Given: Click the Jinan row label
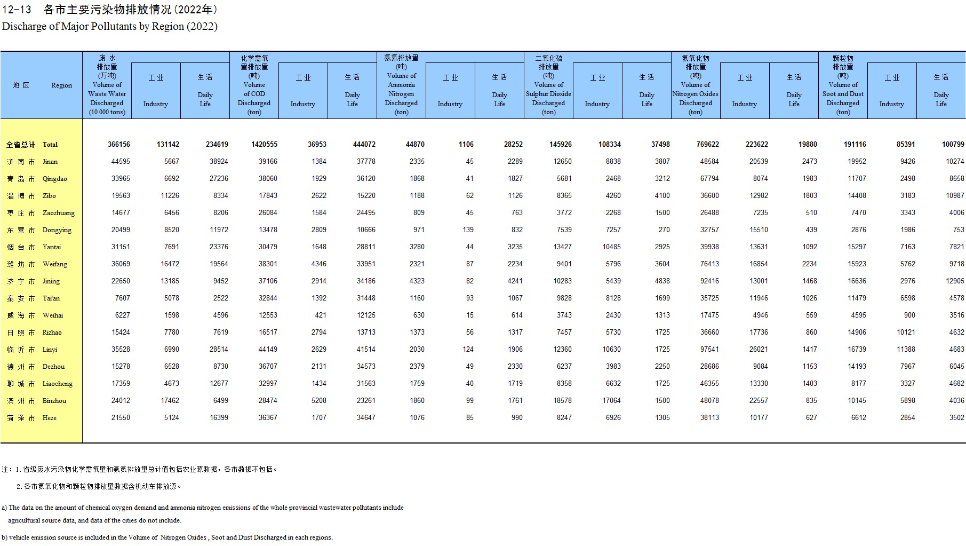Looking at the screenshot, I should point(50,162).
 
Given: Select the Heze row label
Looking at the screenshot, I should point(50,418).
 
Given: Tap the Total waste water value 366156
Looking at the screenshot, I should point(118,145).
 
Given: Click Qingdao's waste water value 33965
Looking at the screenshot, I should point(121,179).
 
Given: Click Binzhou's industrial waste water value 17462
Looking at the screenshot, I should point(168,401).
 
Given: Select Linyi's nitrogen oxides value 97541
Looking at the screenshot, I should point(709,350).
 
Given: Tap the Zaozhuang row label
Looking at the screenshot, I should point(59,213).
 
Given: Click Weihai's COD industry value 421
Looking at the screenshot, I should point(320,315).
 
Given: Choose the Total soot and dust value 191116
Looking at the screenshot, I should point(855,145).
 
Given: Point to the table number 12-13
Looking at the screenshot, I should point(17,10).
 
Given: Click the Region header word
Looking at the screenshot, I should point(61,85).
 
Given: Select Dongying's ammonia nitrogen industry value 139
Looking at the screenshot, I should point(468,230).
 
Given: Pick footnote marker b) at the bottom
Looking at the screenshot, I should point(4,537).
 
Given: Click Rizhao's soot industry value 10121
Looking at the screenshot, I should point(906,333).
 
